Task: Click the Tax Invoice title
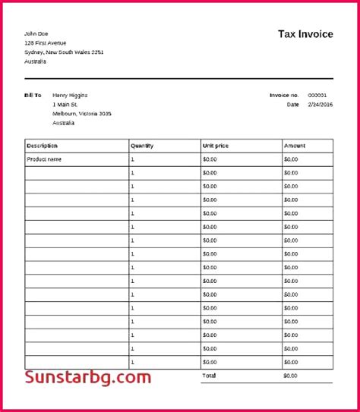305,34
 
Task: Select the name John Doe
36,33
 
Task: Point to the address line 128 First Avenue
46,42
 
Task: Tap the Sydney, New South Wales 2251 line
64,52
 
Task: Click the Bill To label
33,95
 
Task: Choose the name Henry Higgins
70,95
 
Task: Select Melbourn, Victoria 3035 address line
82,113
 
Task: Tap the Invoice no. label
284,95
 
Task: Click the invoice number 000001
317,95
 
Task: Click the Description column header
43,146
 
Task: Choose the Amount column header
295,146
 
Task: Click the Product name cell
44,159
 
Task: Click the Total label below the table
209,376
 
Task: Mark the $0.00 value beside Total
291,376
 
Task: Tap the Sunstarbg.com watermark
88,378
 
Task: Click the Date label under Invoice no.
293,105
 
